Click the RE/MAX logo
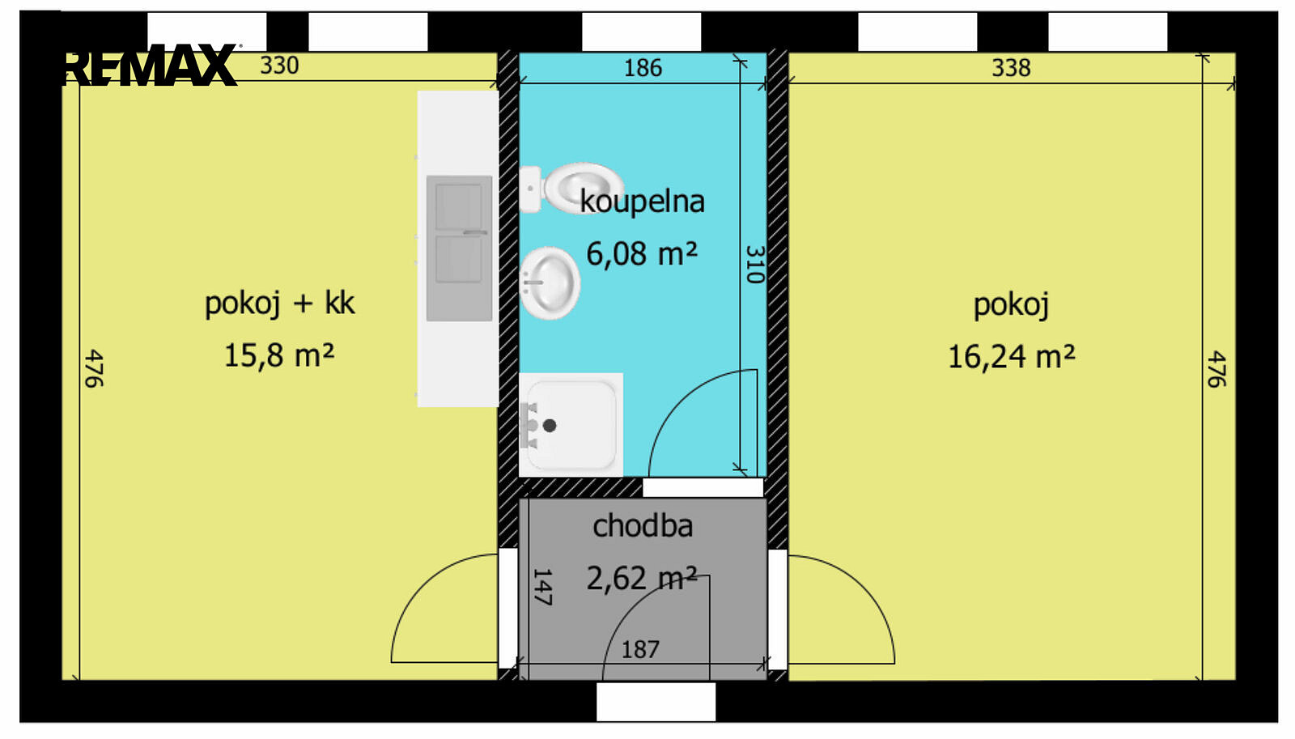point(150,64)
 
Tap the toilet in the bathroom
point(571,188)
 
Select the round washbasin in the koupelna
point(550,282)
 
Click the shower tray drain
point(550,426)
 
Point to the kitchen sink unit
point(459,248)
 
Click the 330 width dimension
point(279,66)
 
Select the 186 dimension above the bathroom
point(643,68)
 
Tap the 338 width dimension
point(1011,68)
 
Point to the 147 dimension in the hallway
point(541,587)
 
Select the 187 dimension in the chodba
point(640,649)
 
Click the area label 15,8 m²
point(279,355)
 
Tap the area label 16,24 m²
point(1012,357)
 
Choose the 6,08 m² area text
point(642,253)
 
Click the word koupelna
point(643,202)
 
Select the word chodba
point(643,526)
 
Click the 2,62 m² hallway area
point(642,578)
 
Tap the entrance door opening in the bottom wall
point(656,702)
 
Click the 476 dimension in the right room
point(1215,368)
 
